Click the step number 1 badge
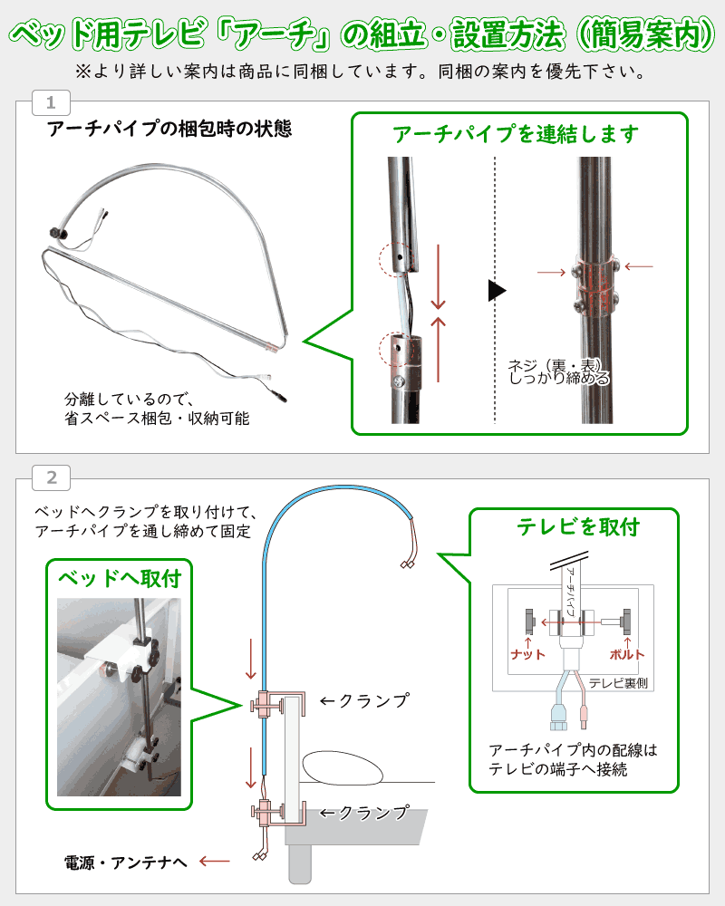point(51,101)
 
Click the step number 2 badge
point(51,477)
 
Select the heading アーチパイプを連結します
point(516,134)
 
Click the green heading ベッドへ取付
point(120,578)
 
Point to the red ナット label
point(528,653)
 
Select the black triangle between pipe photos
point(496,291)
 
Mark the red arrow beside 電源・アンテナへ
point(215,862)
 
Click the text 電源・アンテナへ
point(125,862)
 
